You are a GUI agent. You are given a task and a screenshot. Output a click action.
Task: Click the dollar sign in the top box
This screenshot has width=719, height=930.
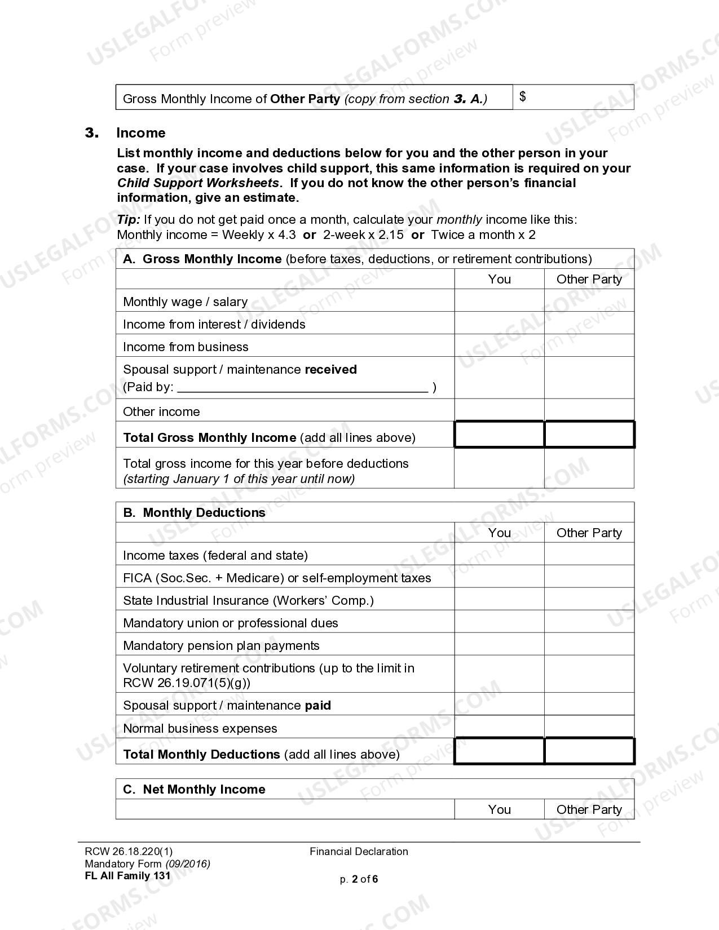[x=523, y=97]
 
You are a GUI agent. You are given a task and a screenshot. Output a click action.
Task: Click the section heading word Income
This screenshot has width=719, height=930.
[x=140, y=133]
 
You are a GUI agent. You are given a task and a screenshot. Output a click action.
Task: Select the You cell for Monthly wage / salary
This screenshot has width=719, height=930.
[x=499, y=301]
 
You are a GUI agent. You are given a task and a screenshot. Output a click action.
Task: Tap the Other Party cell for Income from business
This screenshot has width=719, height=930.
[x=589, y=346]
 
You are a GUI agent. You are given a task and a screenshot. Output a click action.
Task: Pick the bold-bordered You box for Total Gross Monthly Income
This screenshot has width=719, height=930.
[x=499, y=435]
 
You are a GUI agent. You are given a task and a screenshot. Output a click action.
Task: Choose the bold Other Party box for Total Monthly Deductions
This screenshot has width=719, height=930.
[x=589, y=751]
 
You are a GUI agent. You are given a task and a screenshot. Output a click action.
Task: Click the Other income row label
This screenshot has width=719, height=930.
[x=161, y=411]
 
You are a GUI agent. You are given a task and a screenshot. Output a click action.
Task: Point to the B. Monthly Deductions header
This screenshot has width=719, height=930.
[x=194, y=512]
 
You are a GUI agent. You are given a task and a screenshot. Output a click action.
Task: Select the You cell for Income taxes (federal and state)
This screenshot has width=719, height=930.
[x=499, y=554]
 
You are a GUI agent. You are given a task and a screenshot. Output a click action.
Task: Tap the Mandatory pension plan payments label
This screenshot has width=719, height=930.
[x=221, y=645]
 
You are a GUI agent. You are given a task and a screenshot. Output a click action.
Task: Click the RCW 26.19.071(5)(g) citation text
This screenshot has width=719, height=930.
[x=187, y=683]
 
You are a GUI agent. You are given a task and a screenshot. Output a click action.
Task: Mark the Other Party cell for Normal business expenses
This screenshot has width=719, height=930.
[x=589, y=727]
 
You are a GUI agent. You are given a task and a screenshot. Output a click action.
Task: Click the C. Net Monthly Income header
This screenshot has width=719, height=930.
[x=194, y=789]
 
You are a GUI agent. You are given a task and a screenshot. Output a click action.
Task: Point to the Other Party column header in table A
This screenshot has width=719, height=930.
[x=589, y=279]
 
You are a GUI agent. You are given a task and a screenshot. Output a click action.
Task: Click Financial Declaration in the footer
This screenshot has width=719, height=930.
[x=359, y=852]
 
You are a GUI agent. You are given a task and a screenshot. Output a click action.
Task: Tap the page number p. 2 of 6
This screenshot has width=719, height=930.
[x=359, y=879]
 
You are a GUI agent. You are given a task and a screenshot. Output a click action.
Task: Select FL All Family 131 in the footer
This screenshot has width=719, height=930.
[x=127, y=876]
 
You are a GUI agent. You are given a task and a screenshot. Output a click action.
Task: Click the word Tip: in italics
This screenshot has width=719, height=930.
[x=129, y=220]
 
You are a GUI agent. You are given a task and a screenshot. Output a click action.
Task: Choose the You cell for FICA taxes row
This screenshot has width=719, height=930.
[x=499, y=577]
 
